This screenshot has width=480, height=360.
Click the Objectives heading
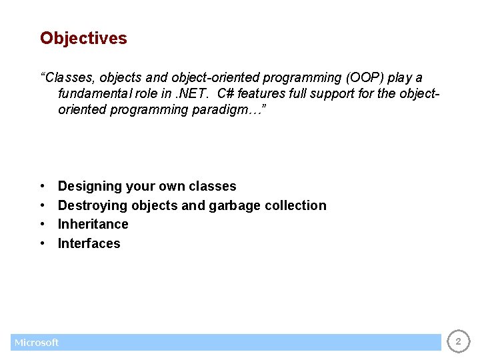click(x=83, y=39)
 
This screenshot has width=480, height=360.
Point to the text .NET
click(x=191, y=93)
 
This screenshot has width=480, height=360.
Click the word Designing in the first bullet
click(x=89, y=187)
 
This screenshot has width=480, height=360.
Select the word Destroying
click(x=93, y=205)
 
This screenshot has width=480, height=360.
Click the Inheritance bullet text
click(x=93, y=224)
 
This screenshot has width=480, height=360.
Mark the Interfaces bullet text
click(x=89, y=243)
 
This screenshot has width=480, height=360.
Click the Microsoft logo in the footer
click(x=37, y=343)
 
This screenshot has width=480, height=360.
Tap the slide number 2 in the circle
click(x=458, y=342)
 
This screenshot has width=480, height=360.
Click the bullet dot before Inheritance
click(x=43, y=225)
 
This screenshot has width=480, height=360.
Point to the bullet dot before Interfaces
click(x=43, y=244)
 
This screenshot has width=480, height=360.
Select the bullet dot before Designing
click(x=43, y=187)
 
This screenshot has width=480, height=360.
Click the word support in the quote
click(x=330, y=93)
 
